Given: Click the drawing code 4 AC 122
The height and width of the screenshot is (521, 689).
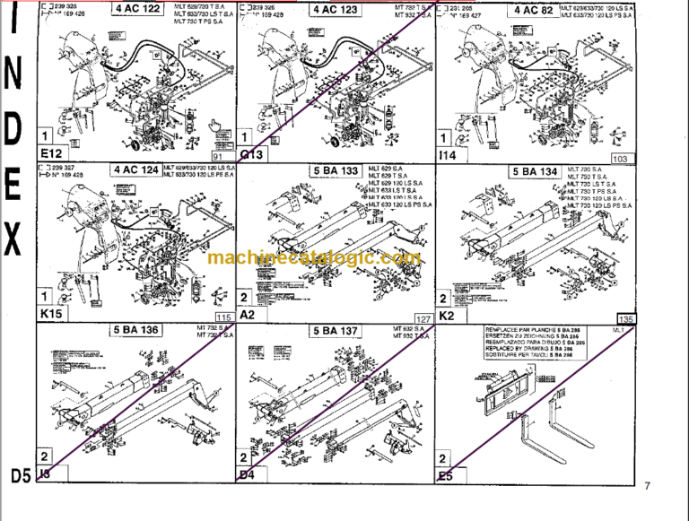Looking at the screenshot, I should coord(136,9).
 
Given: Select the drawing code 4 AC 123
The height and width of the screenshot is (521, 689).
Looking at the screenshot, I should coord(335,9).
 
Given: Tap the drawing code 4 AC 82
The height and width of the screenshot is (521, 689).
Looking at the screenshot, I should coord(534,9).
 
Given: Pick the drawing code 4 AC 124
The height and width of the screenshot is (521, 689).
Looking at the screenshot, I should coord(136,169).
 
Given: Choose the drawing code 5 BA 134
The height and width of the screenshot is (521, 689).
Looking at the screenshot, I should coord(534,170).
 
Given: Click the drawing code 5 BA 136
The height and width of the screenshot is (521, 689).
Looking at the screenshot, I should coord(136,330).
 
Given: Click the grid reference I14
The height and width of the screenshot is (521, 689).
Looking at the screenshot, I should coord(446,154).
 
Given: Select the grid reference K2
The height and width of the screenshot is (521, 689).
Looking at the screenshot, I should coord(446,315).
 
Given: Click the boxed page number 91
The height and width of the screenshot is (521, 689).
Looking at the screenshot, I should coord(216,158).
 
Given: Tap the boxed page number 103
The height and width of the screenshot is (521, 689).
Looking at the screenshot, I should coord(619,158).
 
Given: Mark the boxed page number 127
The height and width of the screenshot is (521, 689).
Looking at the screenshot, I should coord(423,319).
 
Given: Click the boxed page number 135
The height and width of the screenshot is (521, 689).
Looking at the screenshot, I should coord(626,319).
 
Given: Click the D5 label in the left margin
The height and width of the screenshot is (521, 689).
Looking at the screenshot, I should coord(17,473).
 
